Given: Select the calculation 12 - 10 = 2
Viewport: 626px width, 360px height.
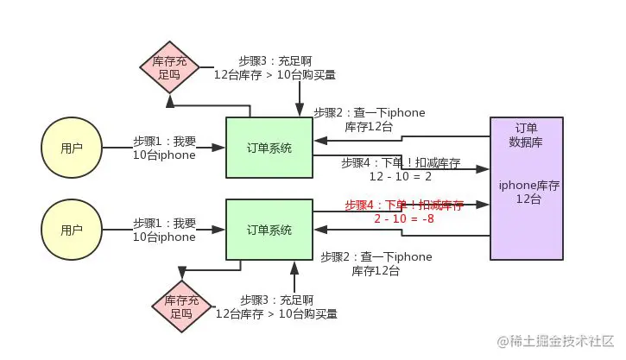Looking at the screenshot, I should point(399,176).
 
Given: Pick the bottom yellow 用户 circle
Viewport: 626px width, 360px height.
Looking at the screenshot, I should point(72,231).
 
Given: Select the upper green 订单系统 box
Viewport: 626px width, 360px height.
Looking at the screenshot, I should point(269,148).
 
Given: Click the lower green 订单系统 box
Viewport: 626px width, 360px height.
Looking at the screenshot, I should point(269,230).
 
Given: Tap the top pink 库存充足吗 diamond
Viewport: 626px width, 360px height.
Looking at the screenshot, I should point(169,68).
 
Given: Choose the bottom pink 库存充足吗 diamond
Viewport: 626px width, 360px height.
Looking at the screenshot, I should point(181,307).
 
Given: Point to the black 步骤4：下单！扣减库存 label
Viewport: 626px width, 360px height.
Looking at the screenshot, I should point(401,162).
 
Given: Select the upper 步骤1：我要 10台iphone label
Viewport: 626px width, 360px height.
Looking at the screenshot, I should point(164,148).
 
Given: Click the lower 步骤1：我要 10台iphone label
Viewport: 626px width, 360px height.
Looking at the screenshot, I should point(164,230).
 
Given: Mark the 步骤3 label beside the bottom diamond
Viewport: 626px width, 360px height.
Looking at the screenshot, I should point(275,307).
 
